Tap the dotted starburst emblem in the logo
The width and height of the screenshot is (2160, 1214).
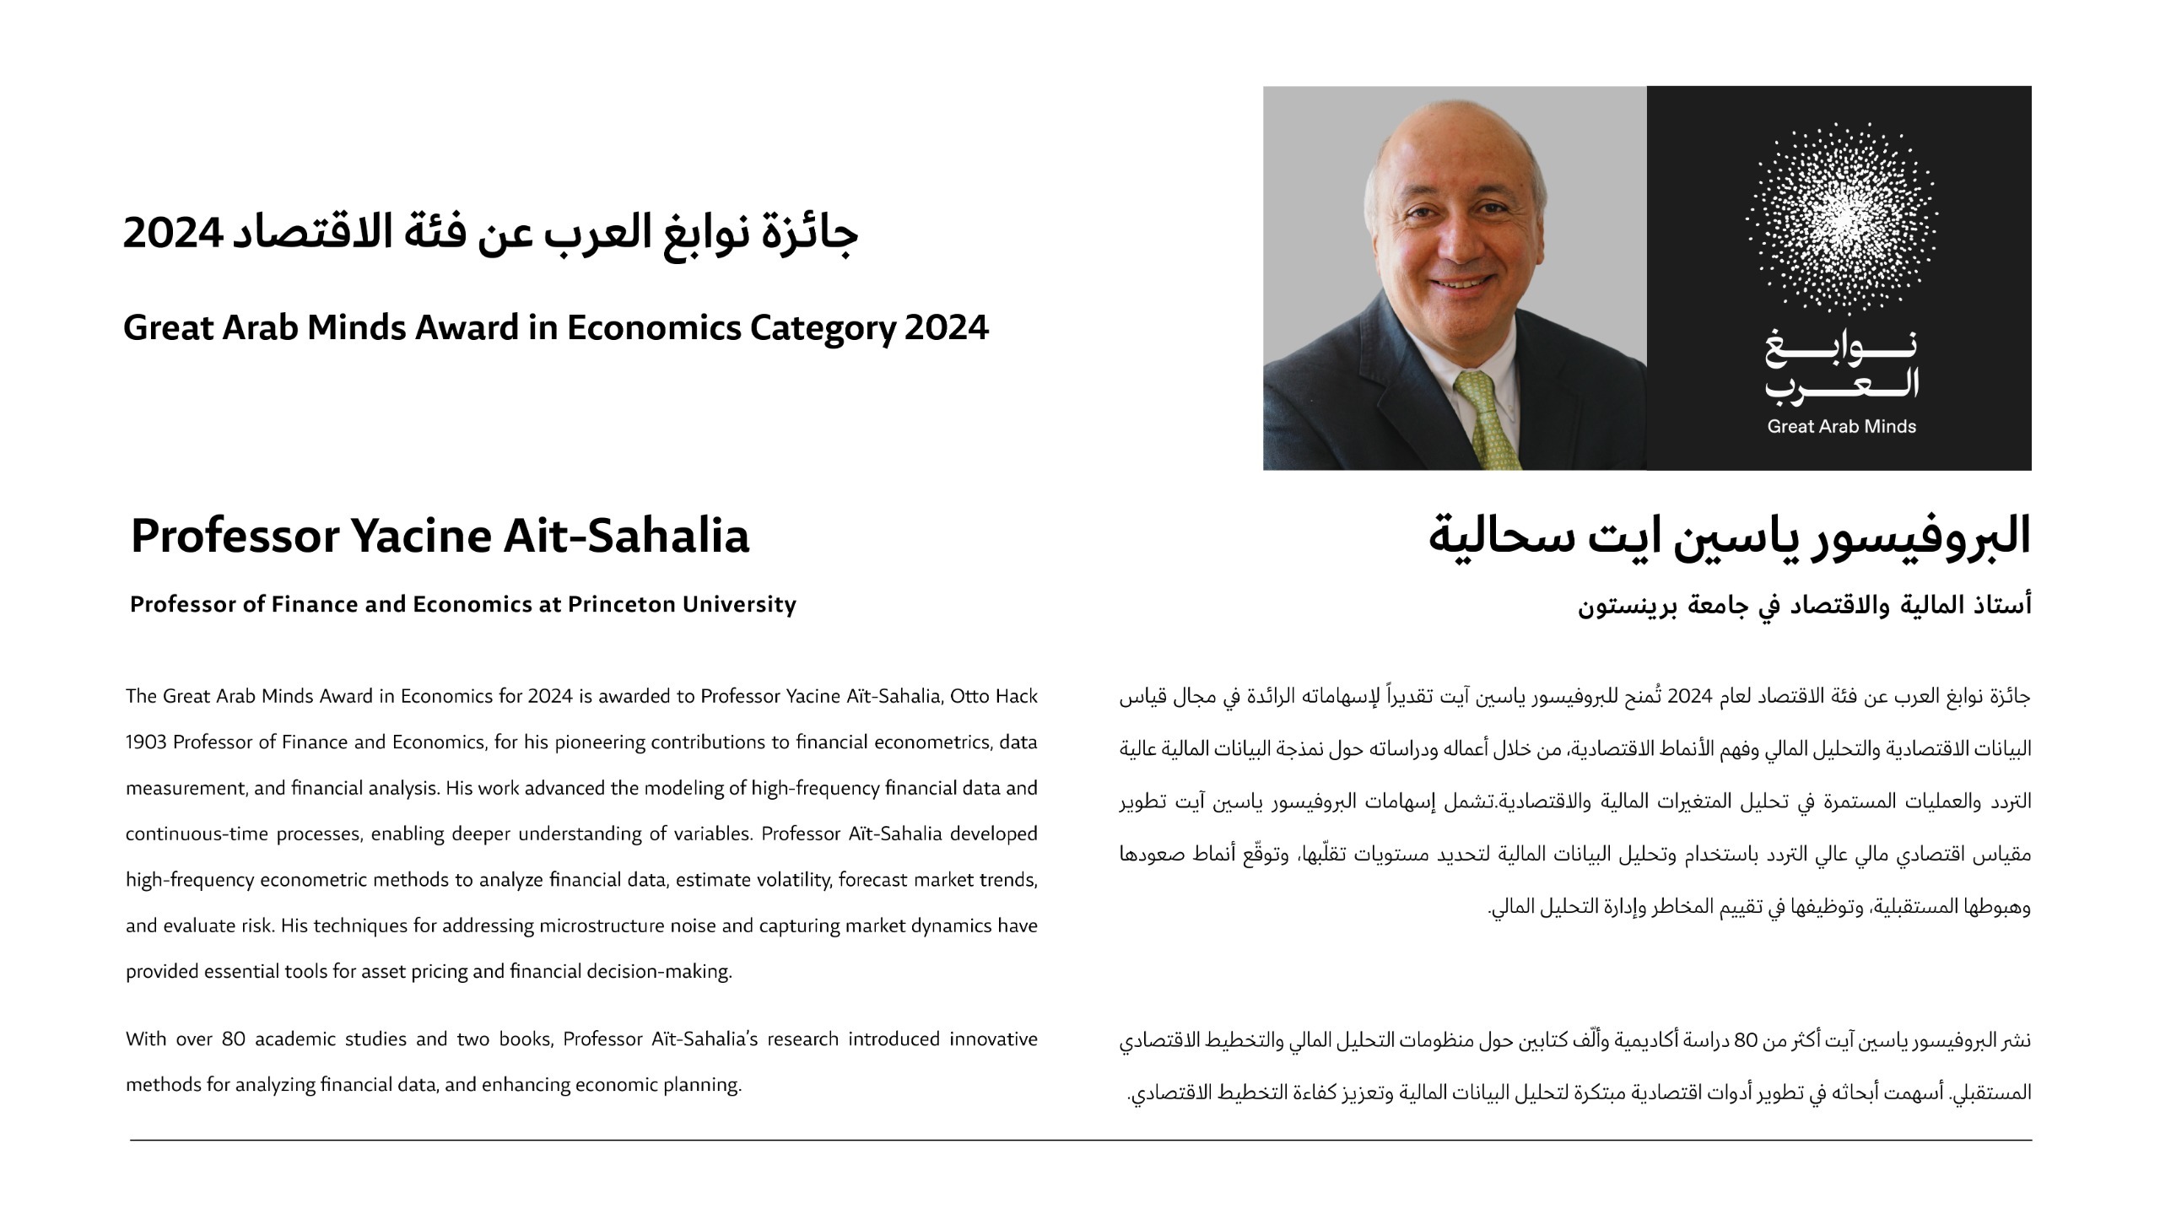click(1841, 218)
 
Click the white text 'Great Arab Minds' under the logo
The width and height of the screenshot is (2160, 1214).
click(1841, 427)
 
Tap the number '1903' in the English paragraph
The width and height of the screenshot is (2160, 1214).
click(146, 742)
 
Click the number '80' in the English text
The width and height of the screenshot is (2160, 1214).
click(233, 1039)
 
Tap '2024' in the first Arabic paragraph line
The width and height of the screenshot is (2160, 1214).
click(1687, 697)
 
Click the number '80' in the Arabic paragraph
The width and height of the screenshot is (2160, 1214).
click(1744, 1041)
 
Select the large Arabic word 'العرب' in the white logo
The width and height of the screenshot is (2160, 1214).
click(1841, 384)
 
